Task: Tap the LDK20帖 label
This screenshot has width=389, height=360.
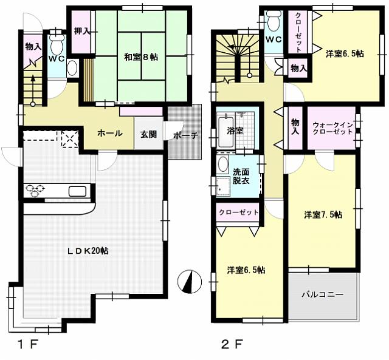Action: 89,250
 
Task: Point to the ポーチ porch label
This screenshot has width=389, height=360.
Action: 185,135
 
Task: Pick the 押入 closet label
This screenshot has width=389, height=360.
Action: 82,32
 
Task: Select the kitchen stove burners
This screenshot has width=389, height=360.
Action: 35,190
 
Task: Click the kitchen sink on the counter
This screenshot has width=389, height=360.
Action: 77,191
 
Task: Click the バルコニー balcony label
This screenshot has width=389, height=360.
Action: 323,295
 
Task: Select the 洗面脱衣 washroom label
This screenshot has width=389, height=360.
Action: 241,175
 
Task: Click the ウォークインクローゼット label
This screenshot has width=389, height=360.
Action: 332,129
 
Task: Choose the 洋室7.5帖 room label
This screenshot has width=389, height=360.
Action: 323,215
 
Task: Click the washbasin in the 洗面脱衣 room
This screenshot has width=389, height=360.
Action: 223,165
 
